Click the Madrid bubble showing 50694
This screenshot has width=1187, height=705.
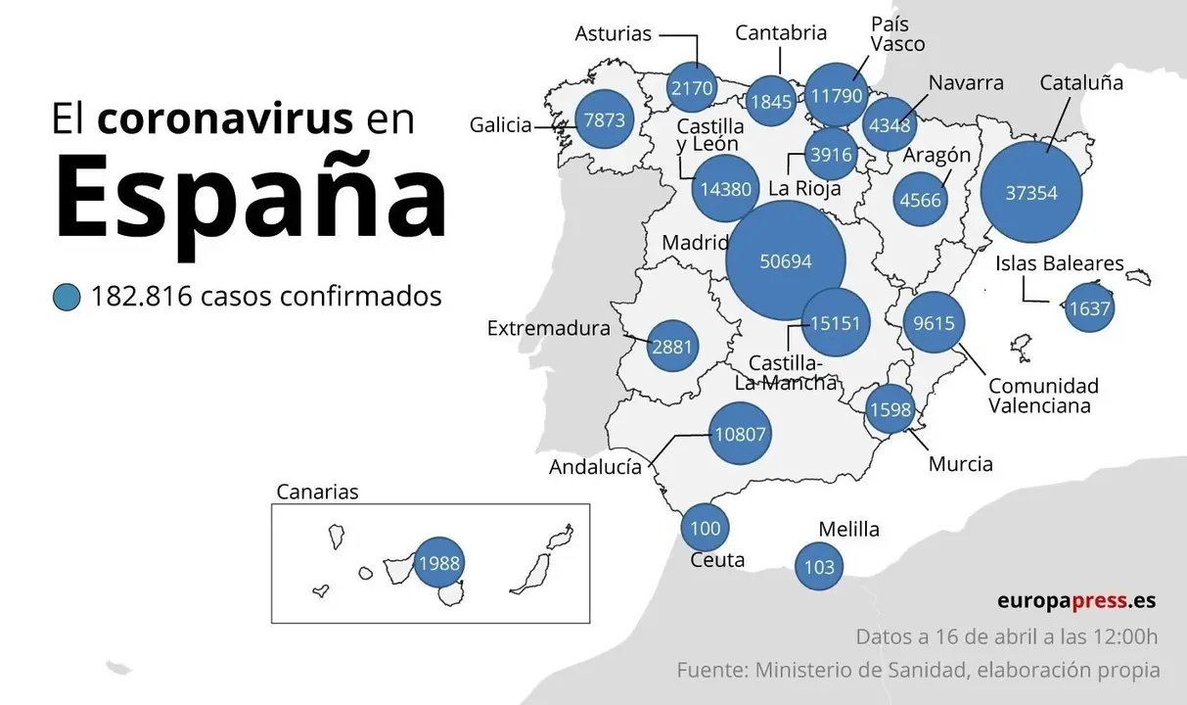tap(786, 260)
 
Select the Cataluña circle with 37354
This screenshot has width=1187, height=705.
tap(1031, 193)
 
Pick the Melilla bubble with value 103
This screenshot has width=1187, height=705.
tap(818, 567)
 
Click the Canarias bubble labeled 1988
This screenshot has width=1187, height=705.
tap(438, 563)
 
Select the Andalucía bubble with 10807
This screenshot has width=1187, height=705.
tap(740, 433)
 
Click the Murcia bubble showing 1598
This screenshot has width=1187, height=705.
tap(890, 409)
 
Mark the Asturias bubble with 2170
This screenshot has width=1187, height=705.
tap(691, 88)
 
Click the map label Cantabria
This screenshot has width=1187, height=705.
tap(780, 33)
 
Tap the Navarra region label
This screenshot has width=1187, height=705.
tap(966, 82)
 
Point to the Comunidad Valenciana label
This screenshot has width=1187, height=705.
tap(1043, 396)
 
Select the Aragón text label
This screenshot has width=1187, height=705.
tap(936, 155)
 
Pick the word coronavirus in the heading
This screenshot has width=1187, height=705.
tap(225, 118)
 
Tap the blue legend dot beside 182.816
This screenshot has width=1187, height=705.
tap(67, 296)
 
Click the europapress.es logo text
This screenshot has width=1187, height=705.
tap(1076, 600)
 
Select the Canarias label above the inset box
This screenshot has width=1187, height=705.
tap(317, 492)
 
